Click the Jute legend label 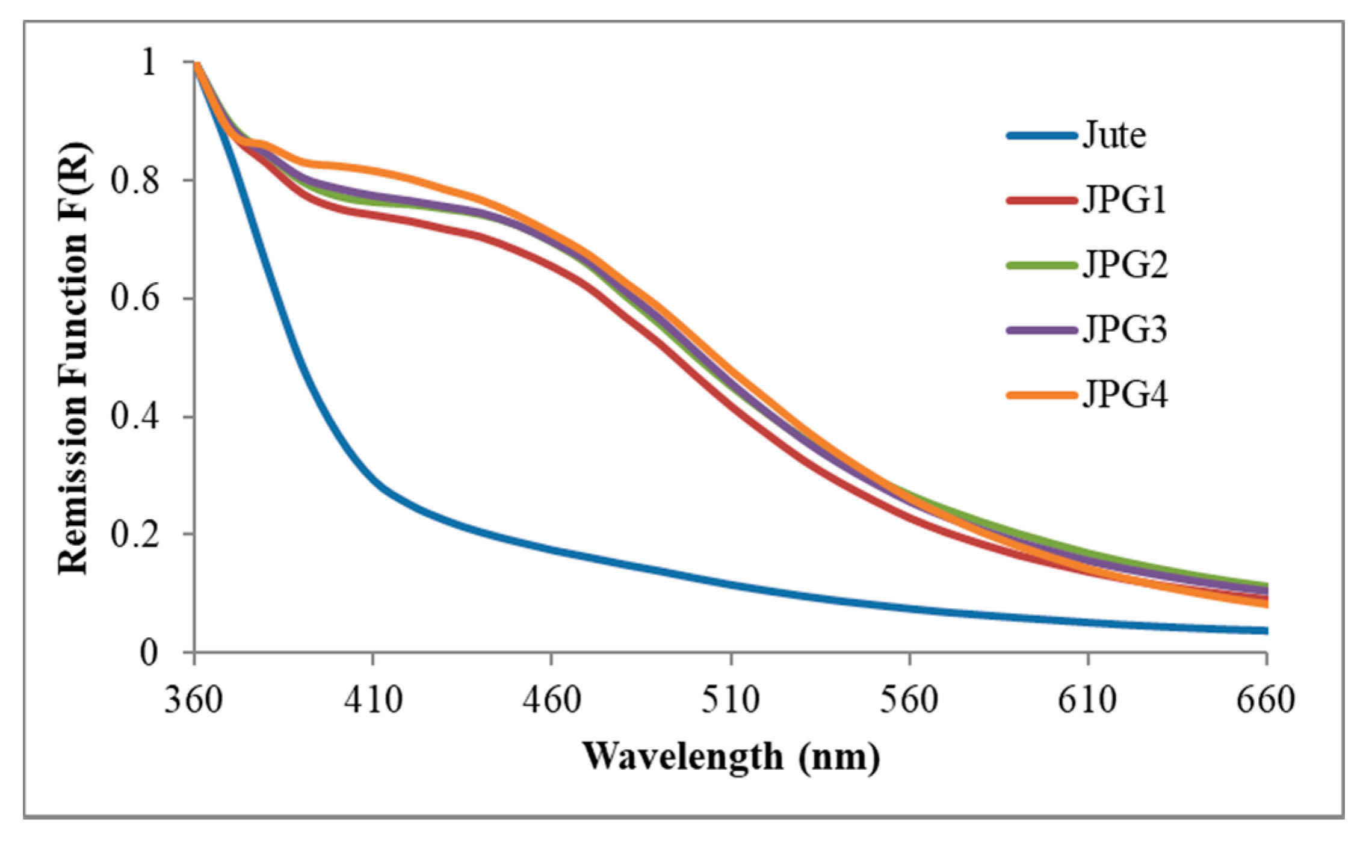[1114, 135]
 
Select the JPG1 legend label [1124, 200]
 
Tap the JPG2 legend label [1125, 265]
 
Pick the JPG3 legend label [1125, 330]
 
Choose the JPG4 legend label [1125, 395]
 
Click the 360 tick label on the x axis [194, 700]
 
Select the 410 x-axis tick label [373, 700]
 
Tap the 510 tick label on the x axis [731, 700]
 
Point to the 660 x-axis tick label [1266, 700]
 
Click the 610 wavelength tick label [1088, 700]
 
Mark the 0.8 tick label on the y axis [135, 180]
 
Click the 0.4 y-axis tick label [135, 416]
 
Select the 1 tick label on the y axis [148, 62]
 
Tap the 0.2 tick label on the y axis [135, 534]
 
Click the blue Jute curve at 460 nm [552, 549]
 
